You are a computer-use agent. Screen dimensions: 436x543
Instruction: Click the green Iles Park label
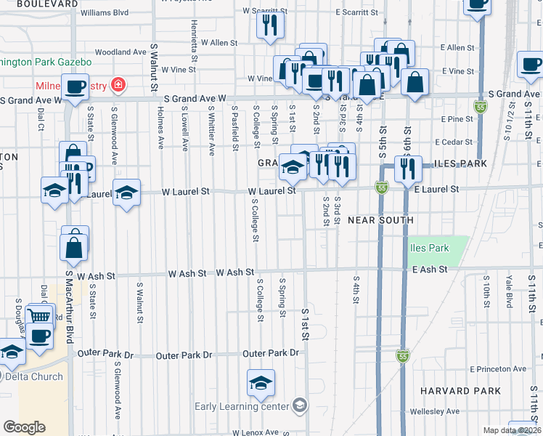[x=429, y=248]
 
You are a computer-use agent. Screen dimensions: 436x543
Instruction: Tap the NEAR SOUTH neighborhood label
[x=380, y=219]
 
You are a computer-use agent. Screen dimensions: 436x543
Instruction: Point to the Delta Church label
[x=33, y=376]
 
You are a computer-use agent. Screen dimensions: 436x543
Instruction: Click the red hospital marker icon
[x=116, y=85]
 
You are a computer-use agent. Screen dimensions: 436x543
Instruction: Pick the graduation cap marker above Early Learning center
[x=261, y=383]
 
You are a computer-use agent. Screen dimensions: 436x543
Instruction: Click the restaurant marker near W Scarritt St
[x=270, y=25]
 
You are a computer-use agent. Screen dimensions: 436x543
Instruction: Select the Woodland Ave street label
[x=121, y=52]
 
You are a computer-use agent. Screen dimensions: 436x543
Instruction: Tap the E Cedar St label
[x=454, y=142]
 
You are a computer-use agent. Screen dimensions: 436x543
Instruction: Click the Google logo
[x=24, y=427]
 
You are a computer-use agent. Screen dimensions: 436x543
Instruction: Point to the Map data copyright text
[x=512, y=430]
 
